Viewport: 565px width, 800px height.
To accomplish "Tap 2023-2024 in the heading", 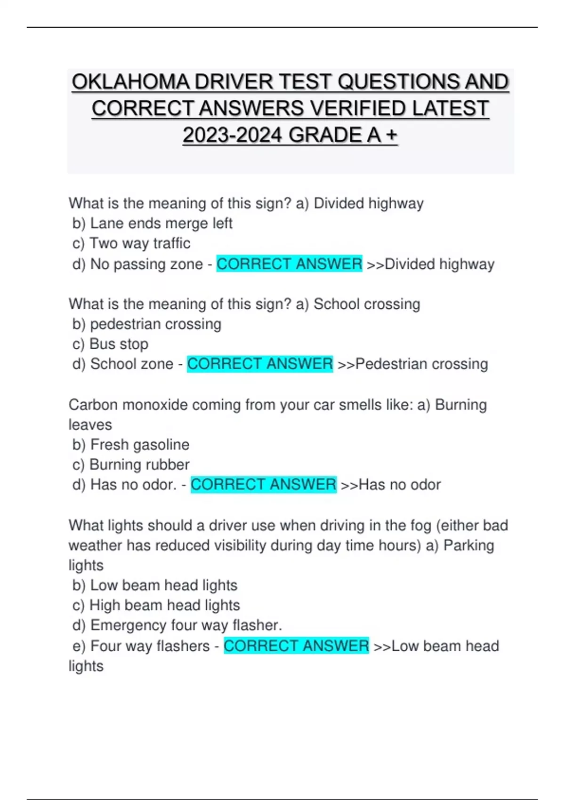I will pyautogui.click(x=233, y=136).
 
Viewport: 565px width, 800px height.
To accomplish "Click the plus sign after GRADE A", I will pyautogui.click(x=391, y=136).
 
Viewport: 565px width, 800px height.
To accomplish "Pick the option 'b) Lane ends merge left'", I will pyautogui.click(x=152, y=223).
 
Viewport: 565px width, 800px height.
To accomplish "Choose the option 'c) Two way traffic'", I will pyautogui.click(x=131, y=243).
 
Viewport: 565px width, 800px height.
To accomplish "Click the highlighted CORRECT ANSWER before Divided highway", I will pyautogui.click(x=289, y=264).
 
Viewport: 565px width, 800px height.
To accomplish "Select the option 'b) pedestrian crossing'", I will pyautogui.click(x=146, y=324).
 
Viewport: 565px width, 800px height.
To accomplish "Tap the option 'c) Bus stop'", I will pyautogui.click(x=110, y=344).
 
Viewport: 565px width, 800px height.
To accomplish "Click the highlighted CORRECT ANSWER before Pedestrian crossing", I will pyautogui.click(x=260, y=364).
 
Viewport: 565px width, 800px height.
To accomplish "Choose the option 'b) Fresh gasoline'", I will pyautogui.click(x=131, y=444).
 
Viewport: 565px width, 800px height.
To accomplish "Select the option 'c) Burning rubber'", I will pyautogui.click(x=131, y=464).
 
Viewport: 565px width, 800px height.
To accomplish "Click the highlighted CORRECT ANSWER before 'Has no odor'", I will pyautogui.click(x=263, y=484).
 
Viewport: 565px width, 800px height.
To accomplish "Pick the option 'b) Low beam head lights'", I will pyautogui.click(x=155, y=585).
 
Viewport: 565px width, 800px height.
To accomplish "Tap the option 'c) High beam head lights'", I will pyautogui.click(x=156, y=605).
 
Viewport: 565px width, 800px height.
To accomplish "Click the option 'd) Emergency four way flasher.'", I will pyautogui.click(x=177, y=625).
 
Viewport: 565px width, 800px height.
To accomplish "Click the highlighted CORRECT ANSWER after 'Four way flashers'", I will pyautogui.click(x=296, y=646).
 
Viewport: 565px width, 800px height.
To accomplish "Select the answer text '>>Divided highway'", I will pyautogui.click(x=430, y=264).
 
